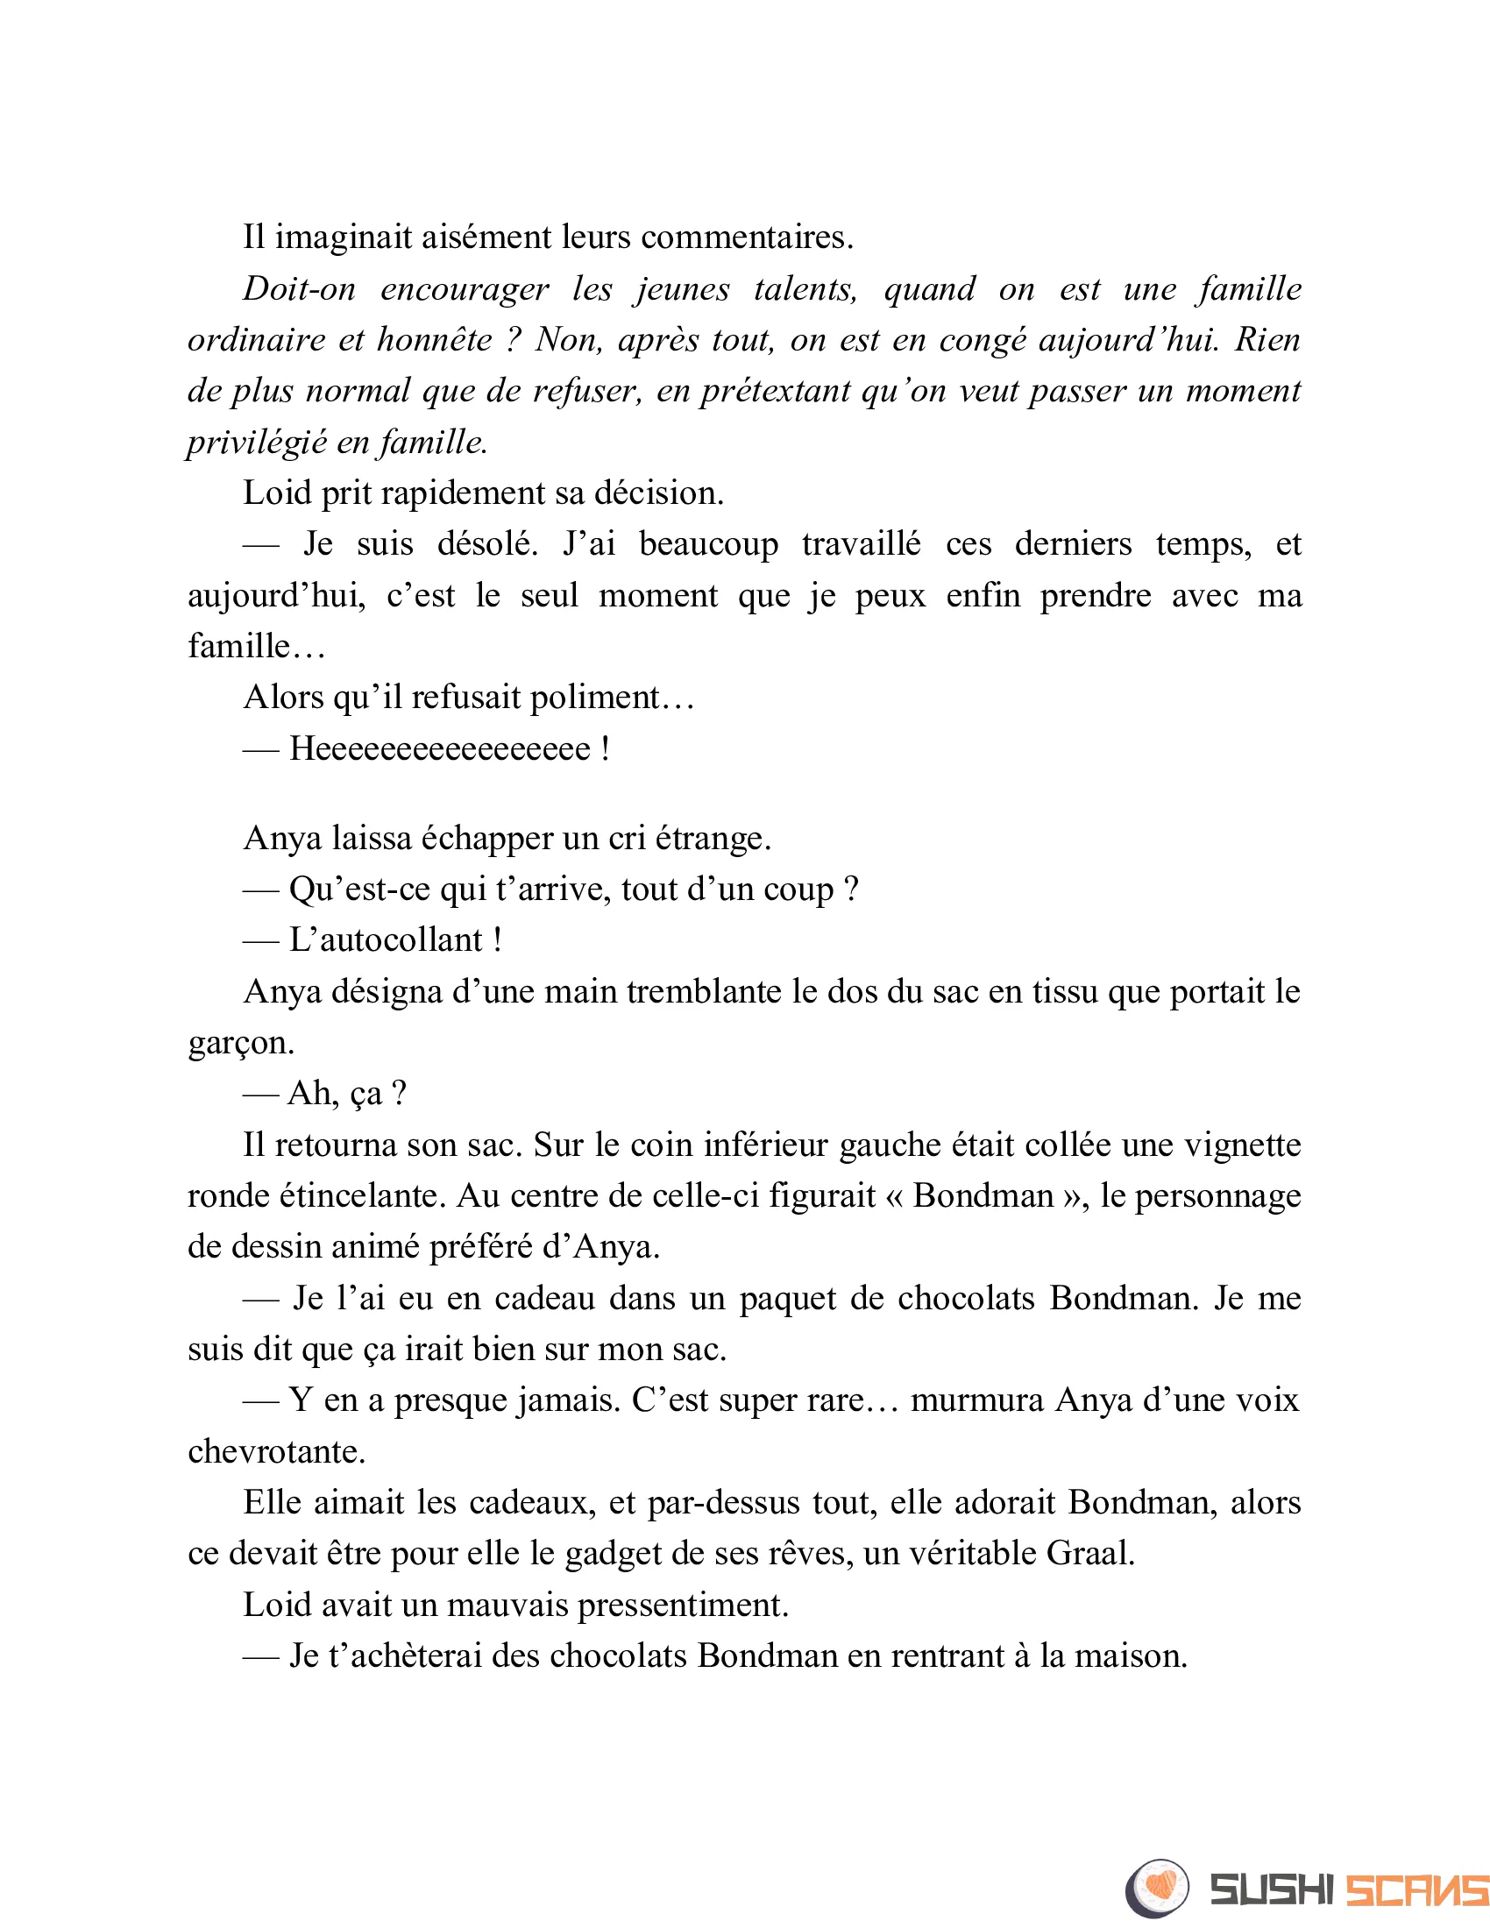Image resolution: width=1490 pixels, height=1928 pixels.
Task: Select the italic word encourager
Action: coord(465,289)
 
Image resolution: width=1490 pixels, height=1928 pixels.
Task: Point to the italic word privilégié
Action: coord(257,443)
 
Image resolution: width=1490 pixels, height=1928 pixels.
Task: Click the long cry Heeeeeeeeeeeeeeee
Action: coord(440,749)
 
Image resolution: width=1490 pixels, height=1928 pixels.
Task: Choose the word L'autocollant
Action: coord(386,941)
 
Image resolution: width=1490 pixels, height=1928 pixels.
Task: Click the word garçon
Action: coord(240,1044)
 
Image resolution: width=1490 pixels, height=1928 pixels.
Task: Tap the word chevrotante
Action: coord(275,1452)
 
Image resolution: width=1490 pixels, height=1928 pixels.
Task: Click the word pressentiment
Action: coord(682,1605)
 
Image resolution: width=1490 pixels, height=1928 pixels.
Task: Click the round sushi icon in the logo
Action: coord(1157,1889)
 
